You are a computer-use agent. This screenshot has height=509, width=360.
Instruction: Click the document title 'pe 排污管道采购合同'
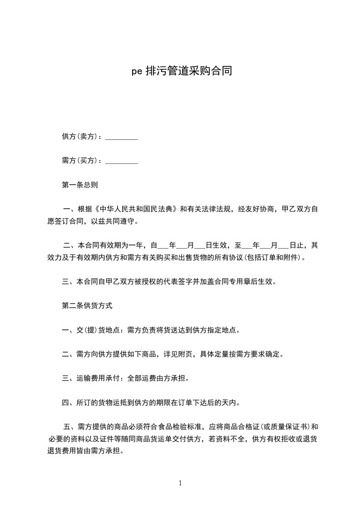(x=182, y=71)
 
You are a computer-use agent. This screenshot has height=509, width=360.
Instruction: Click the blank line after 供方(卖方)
(x=122, y=137)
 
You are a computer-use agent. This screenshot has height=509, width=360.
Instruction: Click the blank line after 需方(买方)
(x=122, y=161)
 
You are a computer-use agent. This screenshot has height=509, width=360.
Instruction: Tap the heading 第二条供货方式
(x=87, y=306)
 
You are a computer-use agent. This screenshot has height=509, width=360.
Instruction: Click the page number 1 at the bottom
(x=180, y=483)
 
